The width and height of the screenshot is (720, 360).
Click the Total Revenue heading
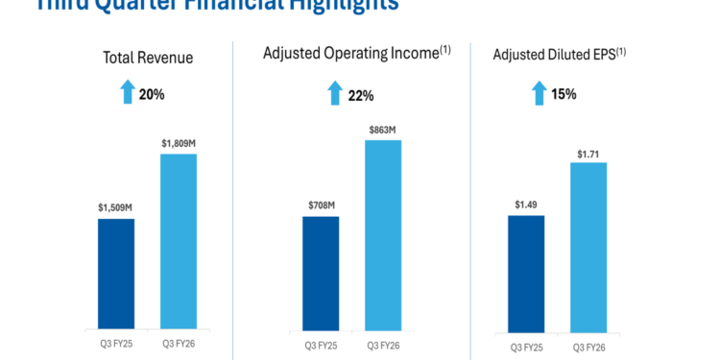click(148, 58)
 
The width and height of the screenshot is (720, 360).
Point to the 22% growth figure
click(361, 95)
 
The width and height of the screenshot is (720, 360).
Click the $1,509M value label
click(115, 206)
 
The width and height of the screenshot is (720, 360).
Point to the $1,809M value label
click(178, 142)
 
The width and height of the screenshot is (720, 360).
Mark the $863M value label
click(382, 129)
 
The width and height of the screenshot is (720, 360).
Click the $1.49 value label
click(526, 204)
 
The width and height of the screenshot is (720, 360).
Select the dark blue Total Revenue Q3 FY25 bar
click(116, 273)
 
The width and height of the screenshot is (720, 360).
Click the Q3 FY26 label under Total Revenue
click(178, 342)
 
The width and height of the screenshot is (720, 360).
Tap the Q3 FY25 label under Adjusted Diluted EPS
click(526, 346)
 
